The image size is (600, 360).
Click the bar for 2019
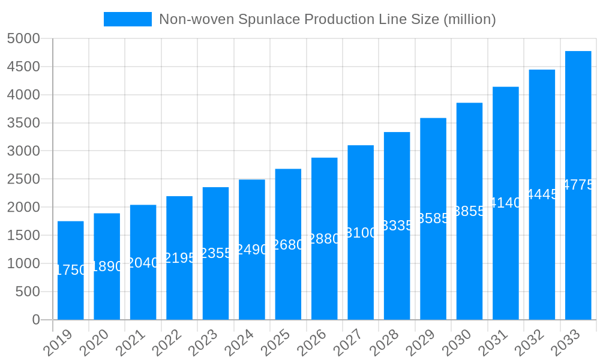click(x=70, y=270)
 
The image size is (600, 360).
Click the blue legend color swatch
click(x=127, y=19)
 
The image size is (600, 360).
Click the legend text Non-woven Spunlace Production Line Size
click(x=327, y=19)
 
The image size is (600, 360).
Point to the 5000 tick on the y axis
click(x=23, y=39)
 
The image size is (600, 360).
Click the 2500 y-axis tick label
click(x=23, y=179)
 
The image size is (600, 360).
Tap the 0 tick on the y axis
click(x=35, y=320)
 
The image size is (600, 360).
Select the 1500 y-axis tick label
click(x=23, y=236)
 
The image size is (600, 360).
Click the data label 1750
click(x=70, y=270)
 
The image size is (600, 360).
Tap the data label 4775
click(x=578, y=185)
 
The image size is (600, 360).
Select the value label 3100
click(x=361, y=233)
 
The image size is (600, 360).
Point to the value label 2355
click(x=215, y=253)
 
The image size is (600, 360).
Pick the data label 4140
click(x=505, y=203)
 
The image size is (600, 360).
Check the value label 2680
click(x=288, y=245)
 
